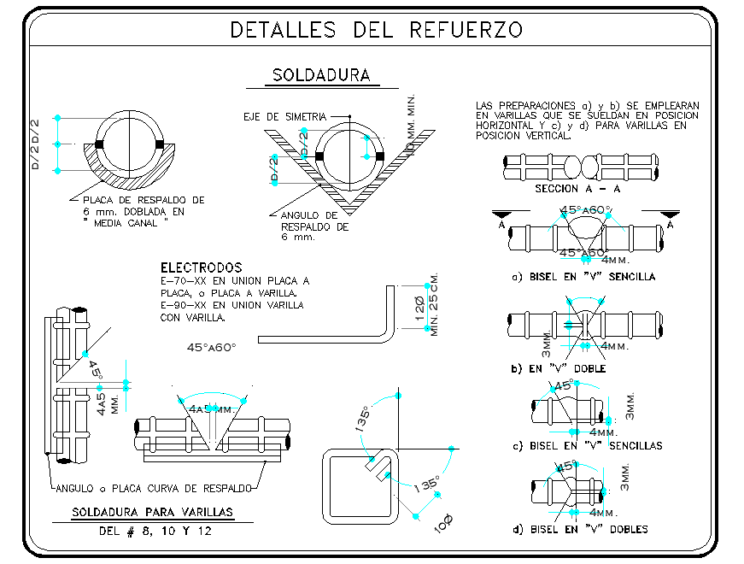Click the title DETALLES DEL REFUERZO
coord(377,30)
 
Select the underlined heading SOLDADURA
coord(321,75)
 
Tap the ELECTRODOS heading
coord(201,267)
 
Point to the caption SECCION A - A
coord(577,189)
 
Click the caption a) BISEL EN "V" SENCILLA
coord(583,277)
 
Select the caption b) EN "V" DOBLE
coord(559,368)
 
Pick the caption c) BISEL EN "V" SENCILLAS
coord(587,445)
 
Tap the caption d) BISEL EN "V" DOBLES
coord(580,529)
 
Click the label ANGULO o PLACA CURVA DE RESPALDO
coord(154,488)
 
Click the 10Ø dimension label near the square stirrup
coord(444,524)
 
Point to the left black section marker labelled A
coord(501,214)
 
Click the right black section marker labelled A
coord(671,214)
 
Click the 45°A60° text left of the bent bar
coord(211,347)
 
